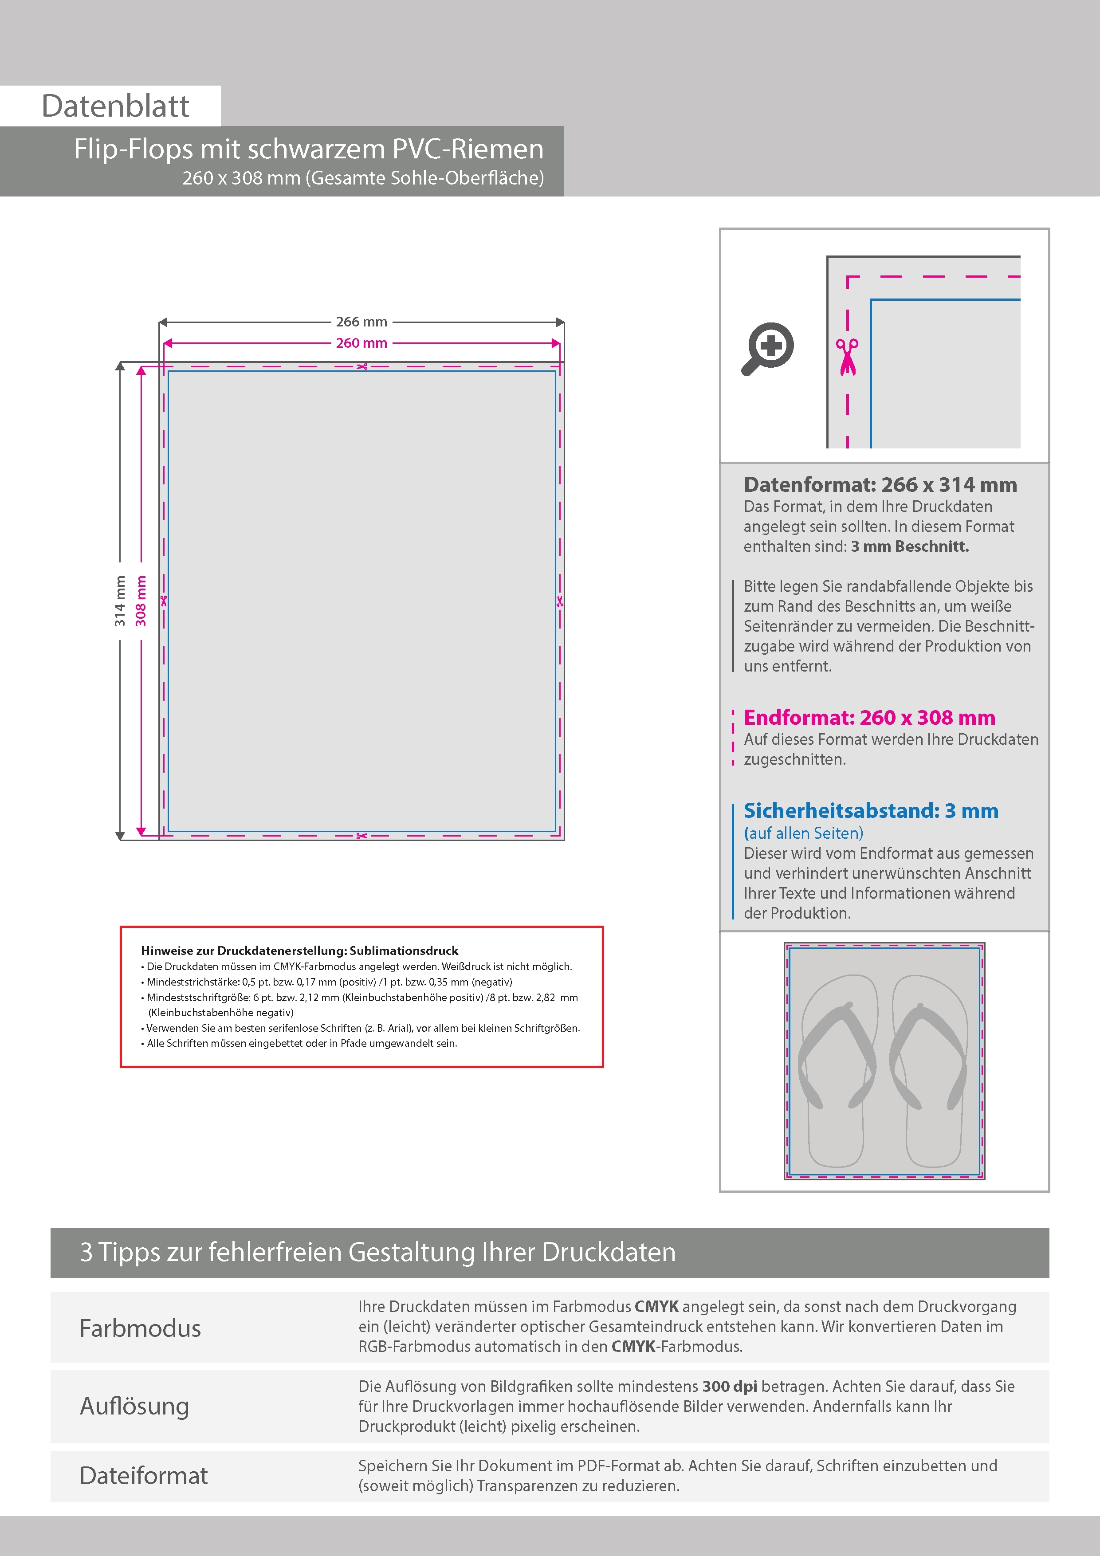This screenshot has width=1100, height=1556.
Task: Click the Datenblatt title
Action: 115,106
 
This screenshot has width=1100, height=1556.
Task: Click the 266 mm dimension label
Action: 361,322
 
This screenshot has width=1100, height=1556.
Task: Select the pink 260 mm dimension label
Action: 361,343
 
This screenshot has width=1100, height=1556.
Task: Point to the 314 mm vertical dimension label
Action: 120,601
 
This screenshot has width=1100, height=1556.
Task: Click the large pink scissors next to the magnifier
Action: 847,357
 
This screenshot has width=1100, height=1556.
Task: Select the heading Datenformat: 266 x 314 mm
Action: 880,484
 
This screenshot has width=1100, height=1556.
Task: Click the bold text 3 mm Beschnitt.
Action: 910,546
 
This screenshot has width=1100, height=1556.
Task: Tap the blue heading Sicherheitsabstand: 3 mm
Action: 870,810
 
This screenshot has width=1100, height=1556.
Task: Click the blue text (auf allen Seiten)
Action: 803,833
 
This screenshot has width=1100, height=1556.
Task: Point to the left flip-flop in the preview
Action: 837,1071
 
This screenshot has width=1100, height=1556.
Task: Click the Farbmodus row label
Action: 140,1328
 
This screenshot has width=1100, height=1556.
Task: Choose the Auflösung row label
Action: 134,1406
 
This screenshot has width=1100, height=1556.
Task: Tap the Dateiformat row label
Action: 143,1475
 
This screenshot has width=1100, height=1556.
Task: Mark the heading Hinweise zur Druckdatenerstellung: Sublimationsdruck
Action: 299,951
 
